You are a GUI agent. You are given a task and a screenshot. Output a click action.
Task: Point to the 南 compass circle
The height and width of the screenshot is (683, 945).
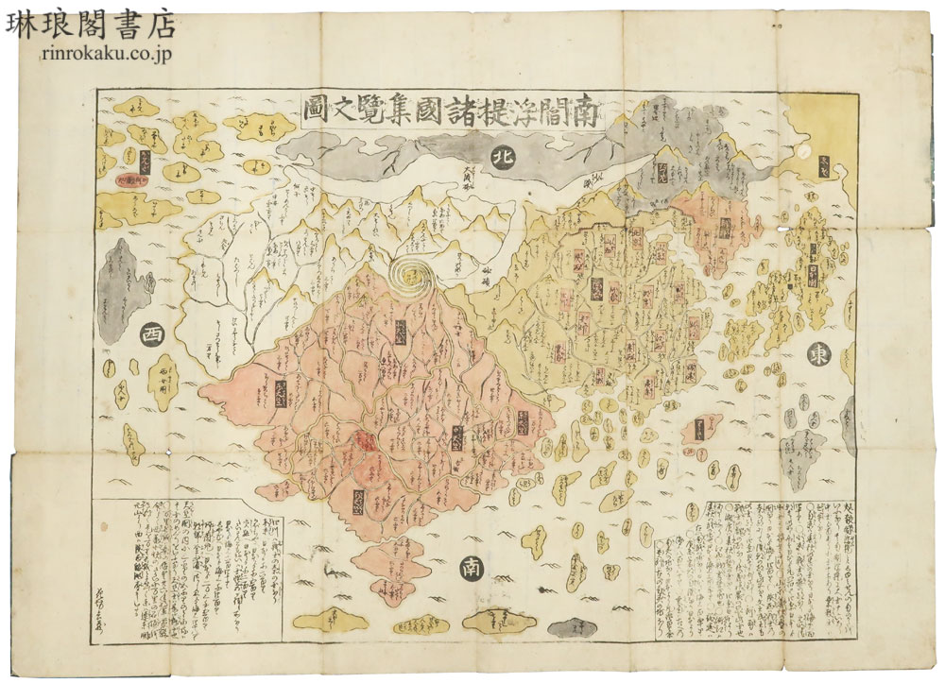[x=470, y=567]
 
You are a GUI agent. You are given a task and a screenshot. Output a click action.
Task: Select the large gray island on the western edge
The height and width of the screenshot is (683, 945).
[x=124, y=281]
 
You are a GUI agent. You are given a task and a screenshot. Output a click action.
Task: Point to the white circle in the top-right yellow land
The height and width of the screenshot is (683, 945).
[x=802, y=150]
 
